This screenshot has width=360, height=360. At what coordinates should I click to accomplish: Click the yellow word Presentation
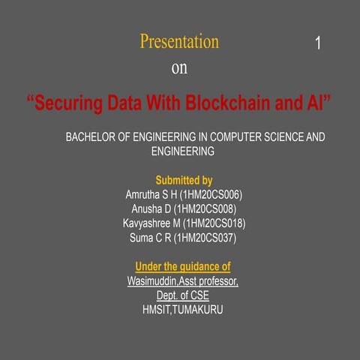[179, 42]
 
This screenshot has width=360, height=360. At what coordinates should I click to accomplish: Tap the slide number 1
[318, 44]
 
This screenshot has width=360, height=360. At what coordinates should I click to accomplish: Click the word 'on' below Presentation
[179, 68]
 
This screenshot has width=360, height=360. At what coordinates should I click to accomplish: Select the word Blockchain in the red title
[229, 103]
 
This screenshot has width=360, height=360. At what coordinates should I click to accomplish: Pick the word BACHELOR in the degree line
[91, 138]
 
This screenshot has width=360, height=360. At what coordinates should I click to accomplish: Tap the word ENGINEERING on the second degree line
[183, 151]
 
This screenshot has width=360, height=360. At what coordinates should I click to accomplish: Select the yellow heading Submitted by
[184, 181]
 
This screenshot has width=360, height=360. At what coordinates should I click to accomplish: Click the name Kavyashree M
[151, 223]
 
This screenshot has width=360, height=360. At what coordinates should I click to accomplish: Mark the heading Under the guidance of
[182, 267]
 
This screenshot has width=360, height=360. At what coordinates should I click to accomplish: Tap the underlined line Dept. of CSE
[182, 295]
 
